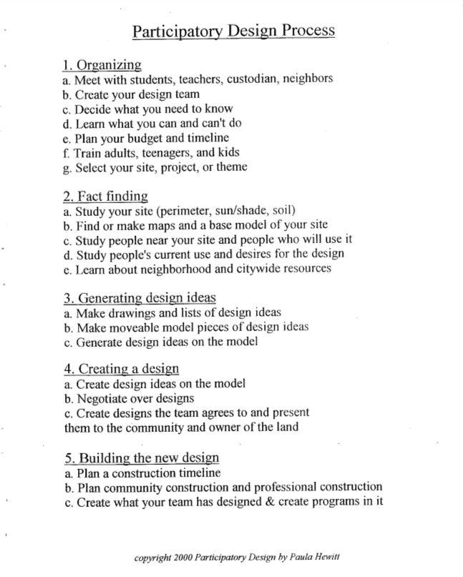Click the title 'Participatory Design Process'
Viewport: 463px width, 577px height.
tap(234, 31)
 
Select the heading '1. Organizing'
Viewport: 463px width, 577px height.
tap(101, 65)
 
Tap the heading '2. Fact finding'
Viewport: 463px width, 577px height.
tap(105, 195)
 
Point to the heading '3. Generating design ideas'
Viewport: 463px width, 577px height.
tap(139, 297)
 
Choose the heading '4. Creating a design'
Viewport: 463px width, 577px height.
tap(120, 369)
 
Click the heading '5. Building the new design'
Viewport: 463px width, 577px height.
tap(140, 458)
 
